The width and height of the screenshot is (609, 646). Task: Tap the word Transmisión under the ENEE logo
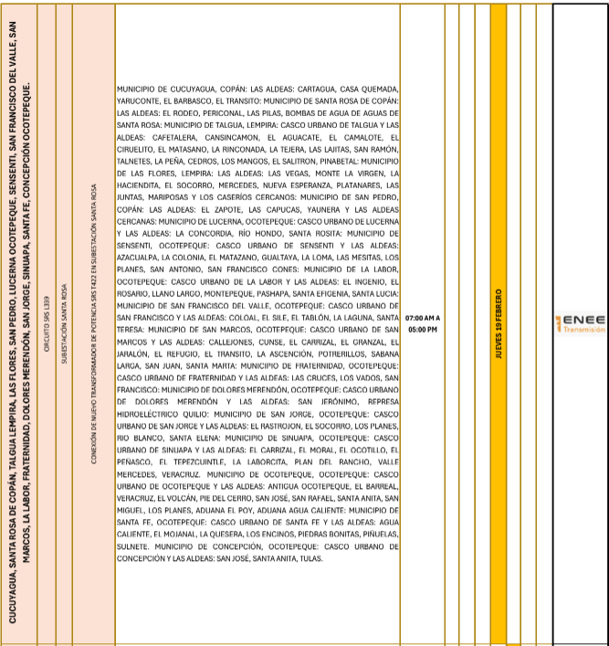pos(584,330)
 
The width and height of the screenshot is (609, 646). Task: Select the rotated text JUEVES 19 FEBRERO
pos(499,323)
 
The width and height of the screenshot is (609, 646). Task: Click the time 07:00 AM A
pos(422,316)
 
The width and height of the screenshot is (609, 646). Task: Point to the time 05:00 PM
pos(422,328)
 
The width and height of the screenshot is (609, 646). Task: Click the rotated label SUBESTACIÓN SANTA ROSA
pos(64,323)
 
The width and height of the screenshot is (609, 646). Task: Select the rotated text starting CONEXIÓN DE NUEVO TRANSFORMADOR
pos(93,323)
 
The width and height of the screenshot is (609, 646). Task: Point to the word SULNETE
pos(134,545)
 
